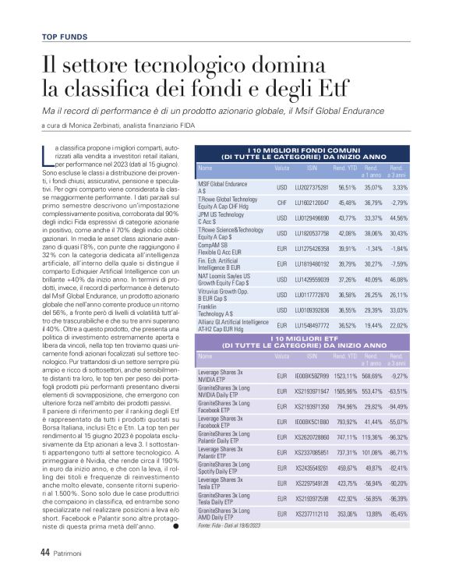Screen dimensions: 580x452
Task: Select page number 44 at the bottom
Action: [44, 551]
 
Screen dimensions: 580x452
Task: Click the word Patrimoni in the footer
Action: [72, 552]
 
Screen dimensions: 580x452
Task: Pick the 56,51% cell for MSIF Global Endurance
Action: [346, 187]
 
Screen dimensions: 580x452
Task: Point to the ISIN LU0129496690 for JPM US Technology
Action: [312, 217]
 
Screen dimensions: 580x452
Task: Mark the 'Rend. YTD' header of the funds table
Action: [345, 168]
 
